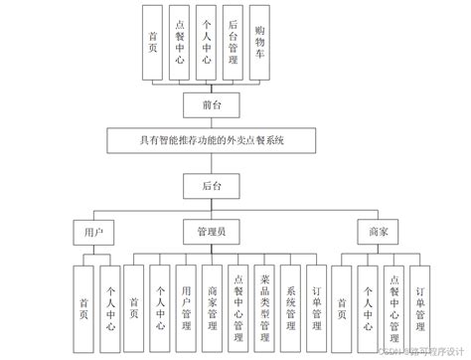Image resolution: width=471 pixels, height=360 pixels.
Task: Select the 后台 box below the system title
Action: pos(208,186)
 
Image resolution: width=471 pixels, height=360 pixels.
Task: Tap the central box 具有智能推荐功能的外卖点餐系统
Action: pos(210,141)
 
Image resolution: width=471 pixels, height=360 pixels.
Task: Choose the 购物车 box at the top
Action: pos(259,42)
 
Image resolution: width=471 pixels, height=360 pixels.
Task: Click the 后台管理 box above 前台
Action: pos(233,42)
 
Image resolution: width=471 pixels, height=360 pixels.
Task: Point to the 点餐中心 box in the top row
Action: pos(179,42)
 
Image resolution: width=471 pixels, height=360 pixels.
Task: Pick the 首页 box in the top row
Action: pos(151,42)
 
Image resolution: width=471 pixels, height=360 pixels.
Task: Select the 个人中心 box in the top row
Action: pos(206,42)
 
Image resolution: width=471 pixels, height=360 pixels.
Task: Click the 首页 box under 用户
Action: pos(81,298)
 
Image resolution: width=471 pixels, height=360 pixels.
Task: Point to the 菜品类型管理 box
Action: pos(263,298)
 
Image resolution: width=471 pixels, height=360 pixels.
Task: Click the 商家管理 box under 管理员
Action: pos(212,298)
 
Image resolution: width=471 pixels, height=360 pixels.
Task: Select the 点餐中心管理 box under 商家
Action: pos(394,298)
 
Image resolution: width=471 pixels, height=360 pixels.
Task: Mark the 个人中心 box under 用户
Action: pos(108,298)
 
